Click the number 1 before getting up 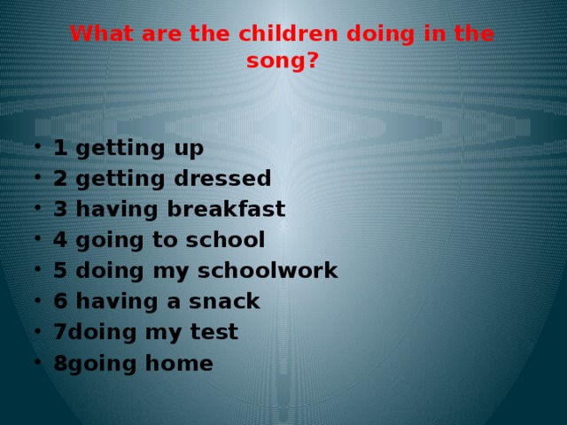click(60, 147)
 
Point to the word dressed click(223, 178)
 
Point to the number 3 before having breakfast click(60, 209)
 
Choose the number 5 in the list click(60, 271)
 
